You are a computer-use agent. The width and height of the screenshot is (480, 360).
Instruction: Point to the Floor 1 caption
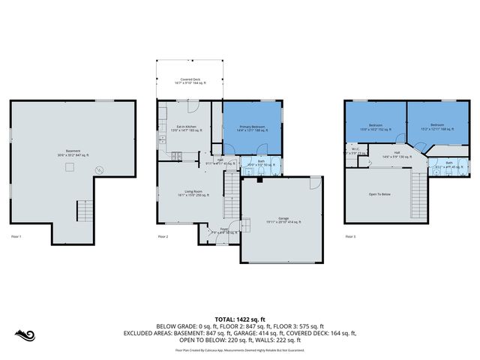pos(16,236)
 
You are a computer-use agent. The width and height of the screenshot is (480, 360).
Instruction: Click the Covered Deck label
pos(190,80)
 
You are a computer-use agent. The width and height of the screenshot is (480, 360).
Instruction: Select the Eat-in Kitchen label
pos(187,128)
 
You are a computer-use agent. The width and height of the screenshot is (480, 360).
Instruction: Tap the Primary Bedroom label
pos(253,128)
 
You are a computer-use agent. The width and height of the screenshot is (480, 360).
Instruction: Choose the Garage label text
pos(283,220)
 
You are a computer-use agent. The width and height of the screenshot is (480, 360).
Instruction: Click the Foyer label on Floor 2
pos(223,230)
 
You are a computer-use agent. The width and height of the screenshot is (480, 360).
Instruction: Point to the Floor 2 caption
pos(163,236)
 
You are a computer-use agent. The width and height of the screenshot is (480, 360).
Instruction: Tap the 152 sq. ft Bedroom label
pos(375,127)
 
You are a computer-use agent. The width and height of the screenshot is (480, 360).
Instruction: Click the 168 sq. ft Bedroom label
pos(438,127)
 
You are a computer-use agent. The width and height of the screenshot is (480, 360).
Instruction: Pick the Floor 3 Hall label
pos(396,155)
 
